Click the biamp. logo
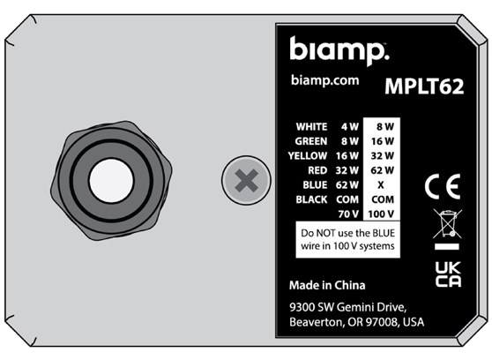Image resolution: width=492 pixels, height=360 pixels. [x=339, y=50]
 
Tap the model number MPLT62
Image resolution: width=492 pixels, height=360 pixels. [x=423, y=86]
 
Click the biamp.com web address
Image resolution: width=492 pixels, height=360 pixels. [x=324, y=79]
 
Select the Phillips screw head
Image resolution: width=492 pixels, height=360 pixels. [x=248, y=182]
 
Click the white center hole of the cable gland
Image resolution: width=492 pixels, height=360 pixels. [x=111, y=180]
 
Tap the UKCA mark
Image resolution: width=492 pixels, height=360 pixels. [x=448, y=274]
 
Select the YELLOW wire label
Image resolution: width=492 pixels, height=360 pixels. [x=308, y=155]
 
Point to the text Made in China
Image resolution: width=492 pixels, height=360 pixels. [x=327, y=286]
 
